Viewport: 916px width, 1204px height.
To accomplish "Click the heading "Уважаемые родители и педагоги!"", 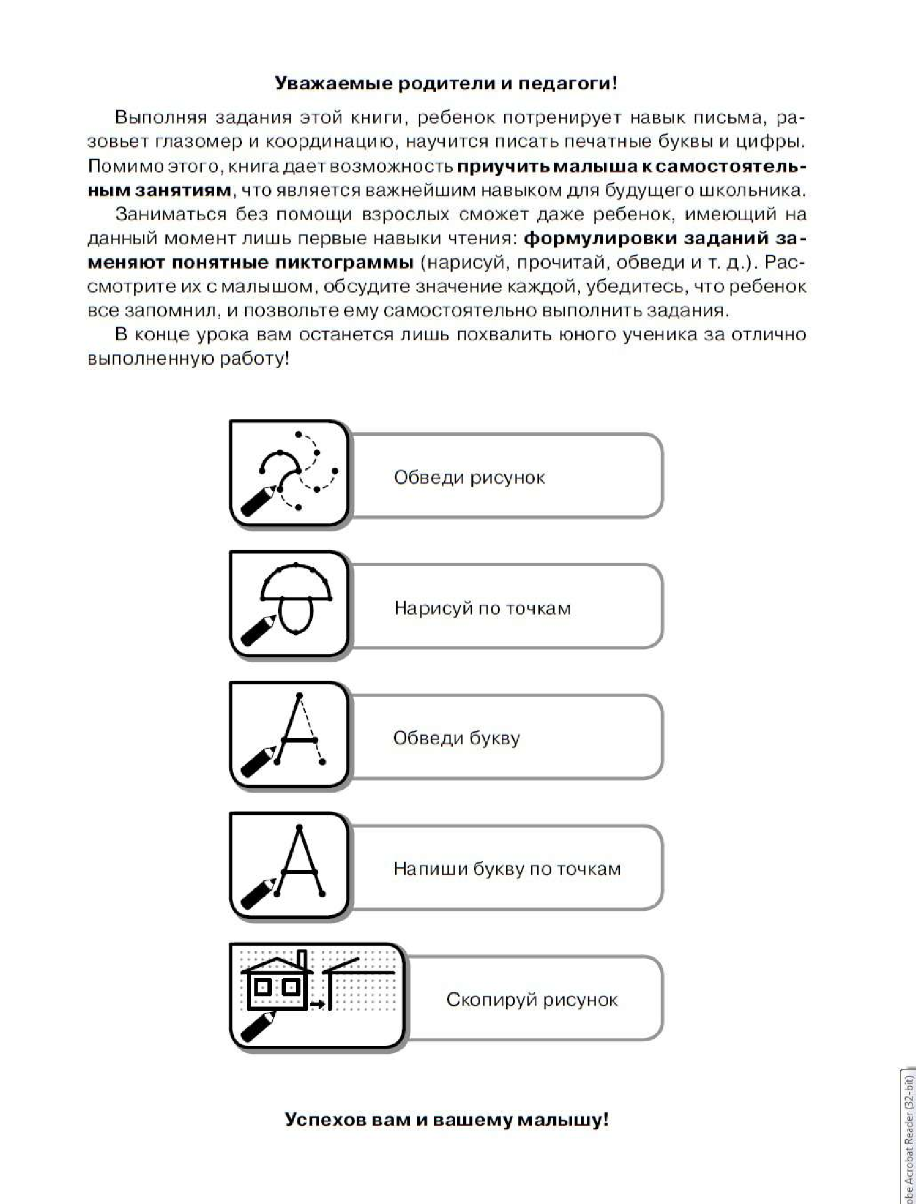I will pos(445,84).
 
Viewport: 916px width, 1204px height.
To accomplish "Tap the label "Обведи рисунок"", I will pos(469,477).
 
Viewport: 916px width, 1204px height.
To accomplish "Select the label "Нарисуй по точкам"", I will pos(482,608).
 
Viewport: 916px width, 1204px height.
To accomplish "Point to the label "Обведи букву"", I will pos(456,739).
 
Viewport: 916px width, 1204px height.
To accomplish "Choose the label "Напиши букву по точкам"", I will pos(506,869).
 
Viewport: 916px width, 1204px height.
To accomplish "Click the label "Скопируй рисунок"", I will pos(531,1000).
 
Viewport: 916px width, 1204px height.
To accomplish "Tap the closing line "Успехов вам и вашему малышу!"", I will pos(446,1120).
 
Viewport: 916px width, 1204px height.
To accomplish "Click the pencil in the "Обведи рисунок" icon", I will pos(258,500).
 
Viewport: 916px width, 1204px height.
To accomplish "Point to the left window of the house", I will pos(263,986).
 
